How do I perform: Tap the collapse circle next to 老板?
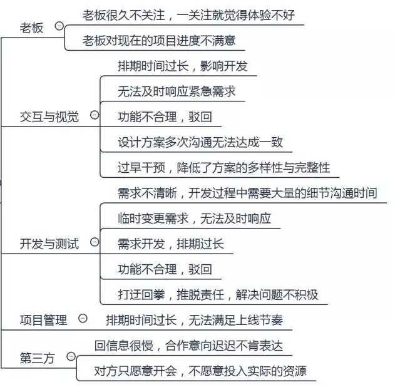coord(59,26)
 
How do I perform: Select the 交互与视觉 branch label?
coord(49,116)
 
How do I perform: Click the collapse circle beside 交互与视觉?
coord(95,115)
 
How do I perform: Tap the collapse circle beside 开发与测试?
coord(95,242)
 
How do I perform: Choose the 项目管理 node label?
coord(43,321)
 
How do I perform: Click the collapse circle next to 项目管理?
coord(83,319)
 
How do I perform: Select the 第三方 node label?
coord(38,358)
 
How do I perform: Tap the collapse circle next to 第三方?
coord(71,356)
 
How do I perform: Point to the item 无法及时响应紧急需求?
coord(177,91)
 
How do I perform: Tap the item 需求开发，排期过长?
coord(170,244)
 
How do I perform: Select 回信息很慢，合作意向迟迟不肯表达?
coord(188,345)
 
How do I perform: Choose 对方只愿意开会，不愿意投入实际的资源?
coord(200,371)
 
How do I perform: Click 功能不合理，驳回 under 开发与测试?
coord(165,269)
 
